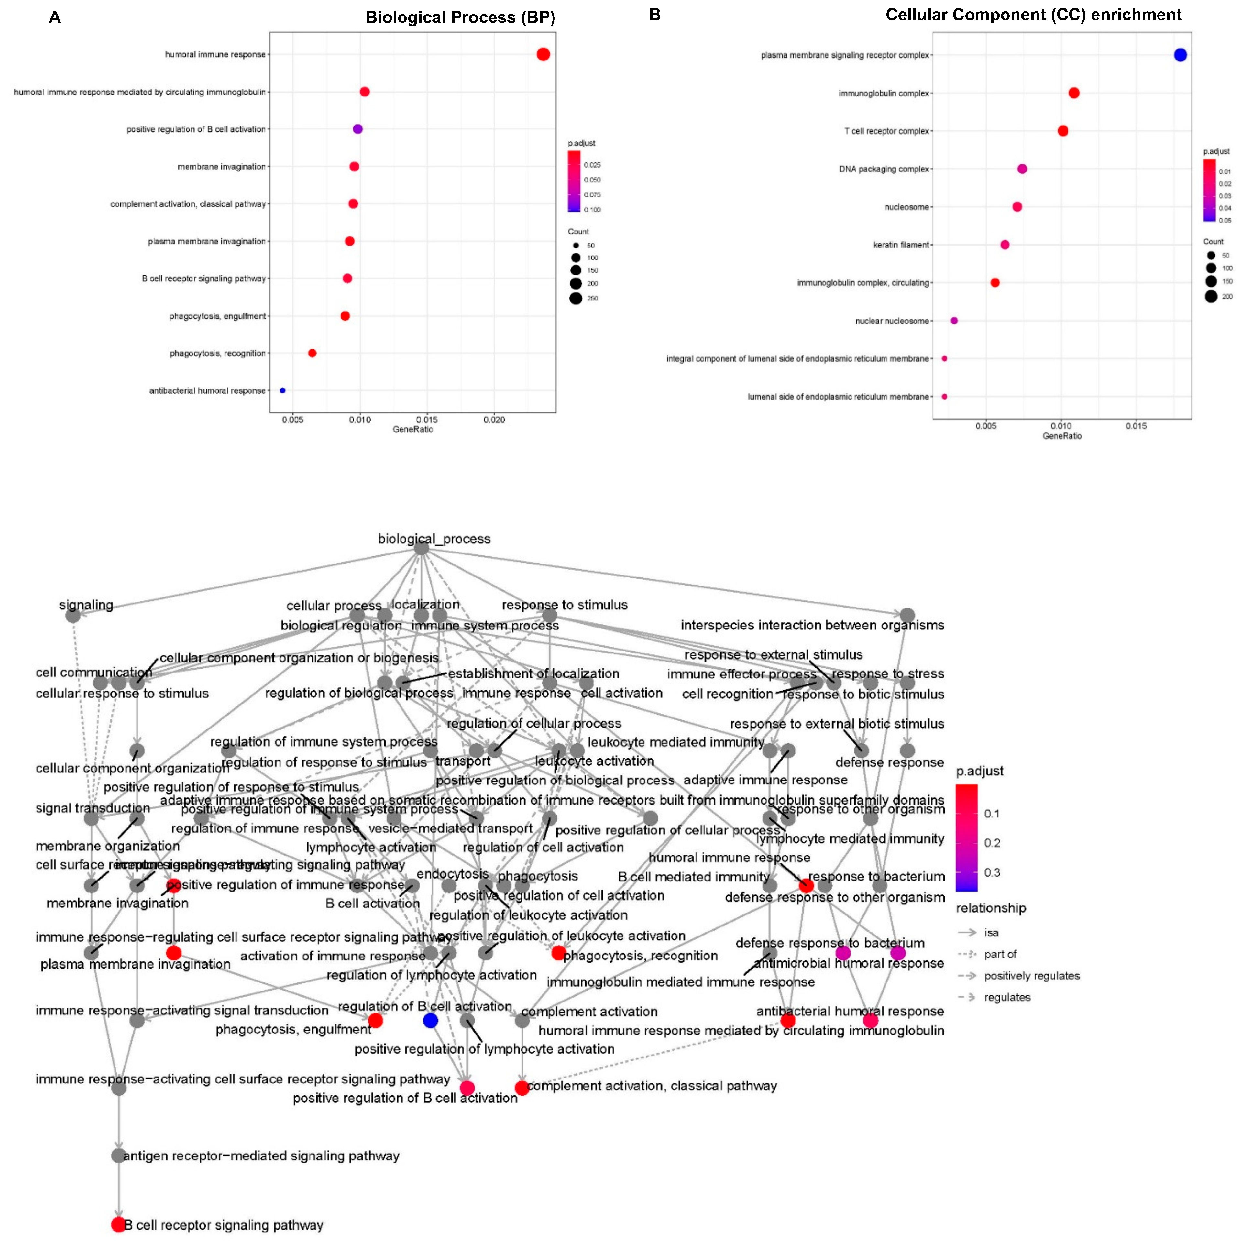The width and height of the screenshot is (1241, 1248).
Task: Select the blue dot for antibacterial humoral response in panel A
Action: click(x=282, y=390)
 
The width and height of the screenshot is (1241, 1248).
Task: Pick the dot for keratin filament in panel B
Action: click(x=1005, y=245)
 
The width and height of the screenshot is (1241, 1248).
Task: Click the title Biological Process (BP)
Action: click(x=460, y=17)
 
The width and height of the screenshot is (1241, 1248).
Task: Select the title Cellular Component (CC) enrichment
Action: click(x=1033, y=15)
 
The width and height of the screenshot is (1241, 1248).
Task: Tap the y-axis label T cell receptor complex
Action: click(x=886, y=131)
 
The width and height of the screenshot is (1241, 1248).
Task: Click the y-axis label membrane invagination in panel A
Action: click(x=222, y=167)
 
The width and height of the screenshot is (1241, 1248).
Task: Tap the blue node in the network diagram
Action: click(x=430, y=1020)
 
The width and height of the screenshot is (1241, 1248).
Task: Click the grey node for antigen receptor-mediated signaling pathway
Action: click(x=117, y=1155)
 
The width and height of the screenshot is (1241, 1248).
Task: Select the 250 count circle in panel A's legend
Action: click(x=575, y=298)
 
